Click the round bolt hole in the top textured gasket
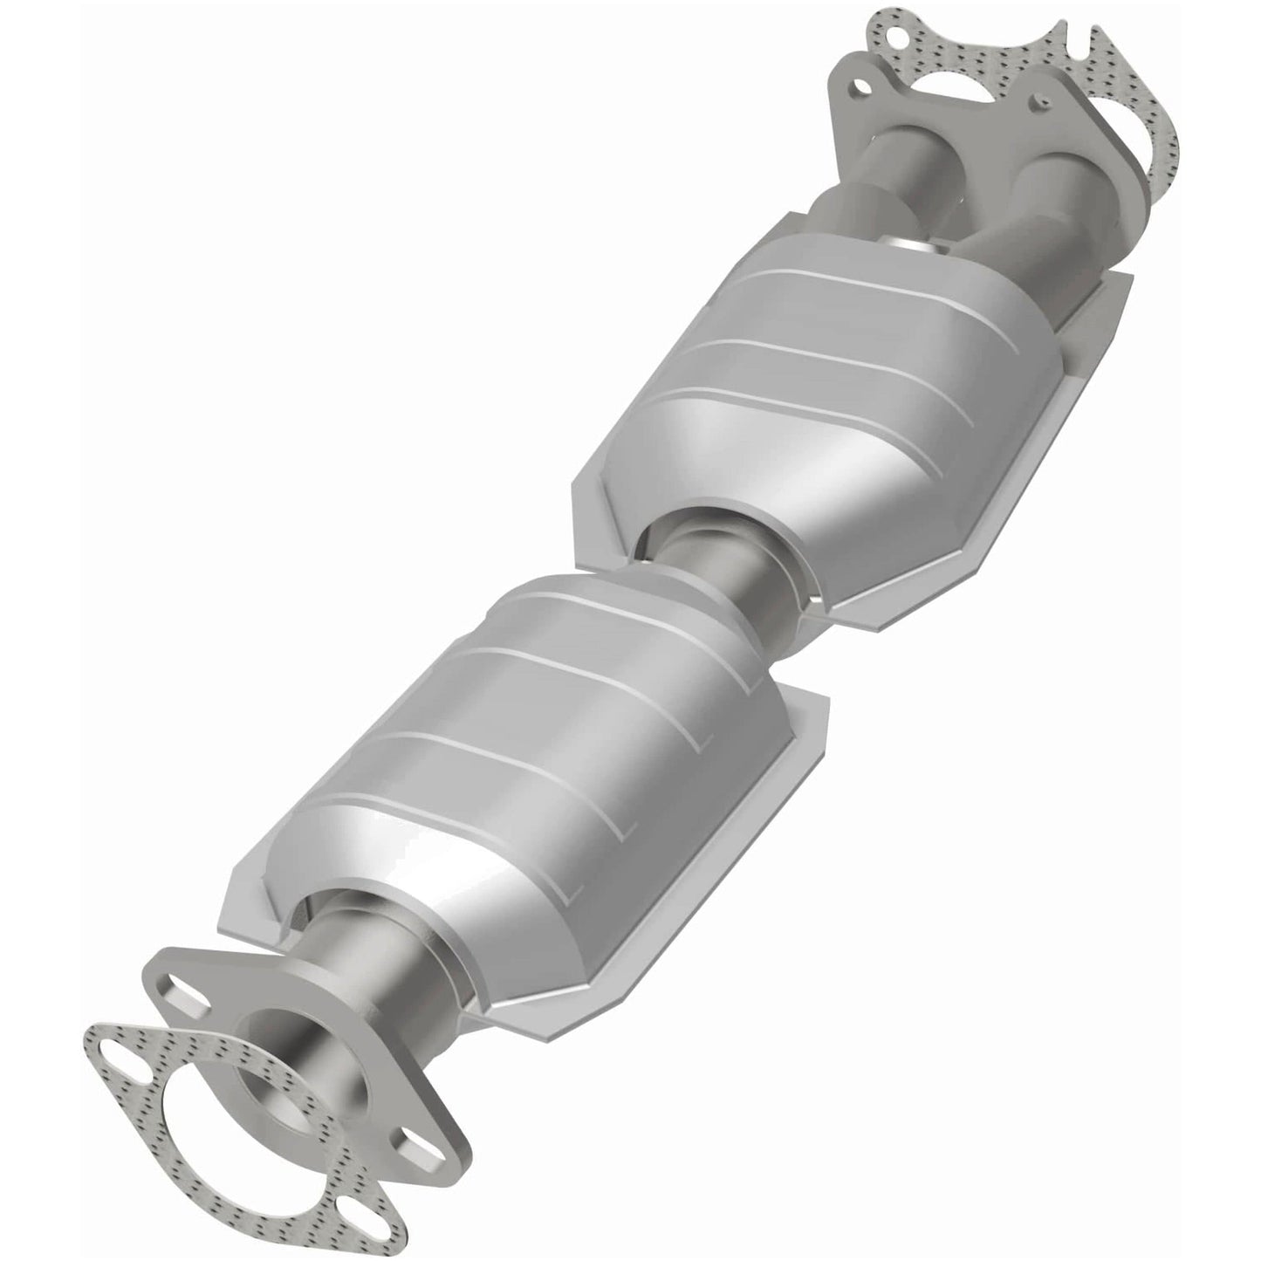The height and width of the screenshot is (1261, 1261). pyautogui.click(x=891, y=18)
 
